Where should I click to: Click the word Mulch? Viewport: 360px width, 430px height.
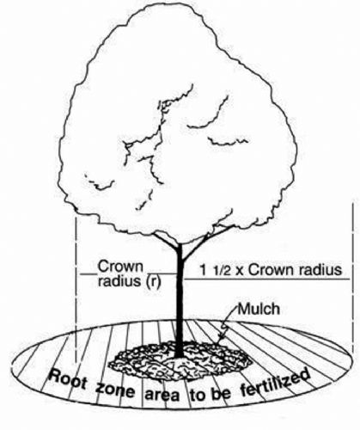259,309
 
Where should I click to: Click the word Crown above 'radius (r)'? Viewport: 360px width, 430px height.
120,267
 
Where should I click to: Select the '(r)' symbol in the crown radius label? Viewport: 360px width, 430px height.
154,281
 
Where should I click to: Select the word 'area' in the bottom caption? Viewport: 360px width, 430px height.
162,395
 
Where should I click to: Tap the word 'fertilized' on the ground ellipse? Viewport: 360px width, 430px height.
275,384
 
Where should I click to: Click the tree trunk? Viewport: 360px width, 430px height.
180,301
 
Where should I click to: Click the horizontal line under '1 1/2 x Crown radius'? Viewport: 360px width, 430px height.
267,279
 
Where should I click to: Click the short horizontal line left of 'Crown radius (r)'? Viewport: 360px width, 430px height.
88,274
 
